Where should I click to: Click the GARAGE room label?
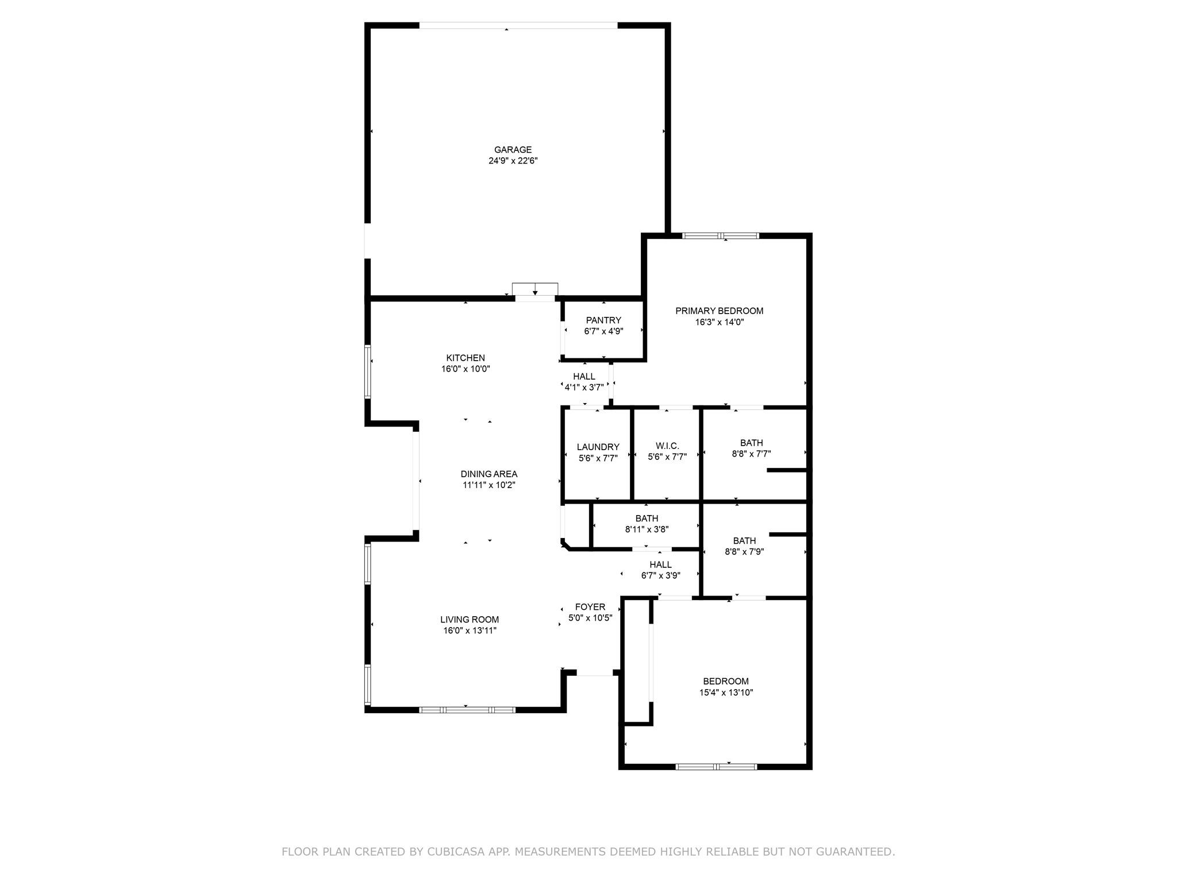click(x=513, y=150)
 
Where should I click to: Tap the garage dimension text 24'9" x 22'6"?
click(x=513, y=161)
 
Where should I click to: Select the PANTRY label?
click(x=603, y=320)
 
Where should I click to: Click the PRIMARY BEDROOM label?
click(x=719, y=311)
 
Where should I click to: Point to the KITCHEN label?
click(x=466, y=358)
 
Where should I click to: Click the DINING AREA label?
click(x=489, y=474)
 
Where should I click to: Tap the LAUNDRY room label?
click(x=598, y=447)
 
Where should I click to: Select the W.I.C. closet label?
click(x=667, y=446)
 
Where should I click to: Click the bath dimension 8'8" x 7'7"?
click(x=751, y=454)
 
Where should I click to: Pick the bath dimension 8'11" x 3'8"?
click(x=647, y=529)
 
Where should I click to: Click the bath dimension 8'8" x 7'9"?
click(x=744, y=552)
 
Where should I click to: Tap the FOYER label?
click(x=590, y=607)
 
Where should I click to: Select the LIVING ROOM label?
click(x=470, y=620)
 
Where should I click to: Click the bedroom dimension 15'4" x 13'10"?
click(x=726, y=693)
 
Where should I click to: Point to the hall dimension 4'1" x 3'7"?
click(x=584, y=388)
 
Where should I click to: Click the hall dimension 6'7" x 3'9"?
click(x=661, y=575)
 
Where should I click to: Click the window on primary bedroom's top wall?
click(x=721, y=235)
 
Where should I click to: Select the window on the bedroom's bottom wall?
click(x=716, y=766)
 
